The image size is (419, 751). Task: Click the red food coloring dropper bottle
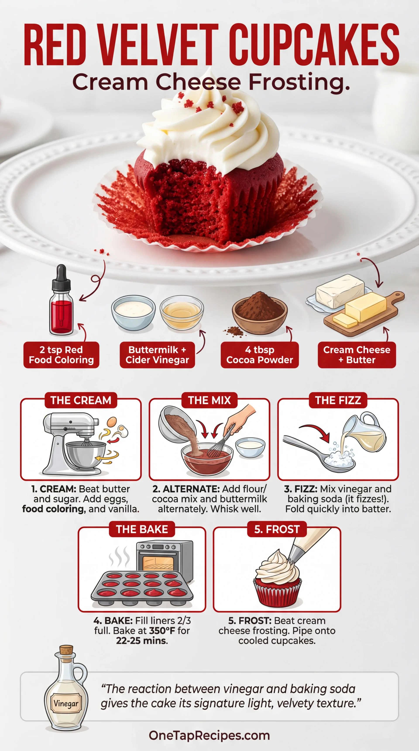tap(61, 303)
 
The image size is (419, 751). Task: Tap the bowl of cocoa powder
tap(259, 313)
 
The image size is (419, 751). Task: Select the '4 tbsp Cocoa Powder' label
tap(260, 355)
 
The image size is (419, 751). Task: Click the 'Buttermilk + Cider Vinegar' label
tap(157, 355)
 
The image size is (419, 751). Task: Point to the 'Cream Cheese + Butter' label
tap(357, 355)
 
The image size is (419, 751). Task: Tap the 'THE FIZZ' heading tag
tap(338, 400)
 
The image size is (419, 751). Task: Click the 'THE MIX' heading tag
tap(209, 400)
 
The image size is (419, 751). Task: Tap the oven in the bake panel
tap(165, 558)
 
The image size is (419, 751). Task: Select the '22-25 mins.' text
tap(142, 641)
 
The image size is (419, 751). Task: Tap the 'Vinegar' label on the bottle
tap(66, 703)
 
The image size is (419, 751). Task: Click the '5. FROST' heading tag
tap(277, 529)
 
